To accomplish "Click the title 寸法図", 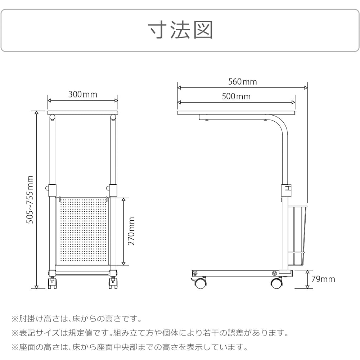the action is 180,30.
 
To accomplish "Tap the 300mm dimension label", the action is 83,94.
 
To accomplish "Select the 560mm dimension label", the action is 242,81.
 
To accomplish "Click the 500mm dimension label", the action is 236,96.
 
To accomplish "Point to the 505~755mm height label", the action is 30,199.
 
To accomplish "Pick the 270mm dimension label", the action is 131,231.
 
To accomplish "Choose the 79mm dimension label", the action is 323,279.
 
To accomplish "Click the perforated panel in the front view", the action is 82,231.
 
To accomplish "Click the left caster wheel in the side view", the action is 200,283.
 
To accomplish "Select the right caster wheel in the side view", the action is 276,283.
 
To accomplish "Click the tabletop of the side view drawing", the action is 236,113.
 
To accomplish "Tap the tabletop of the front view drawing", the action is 83,113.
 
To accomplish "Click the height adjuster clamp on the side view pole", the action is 286,190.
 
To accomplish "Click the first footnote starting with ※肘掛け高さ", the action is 77,319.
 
